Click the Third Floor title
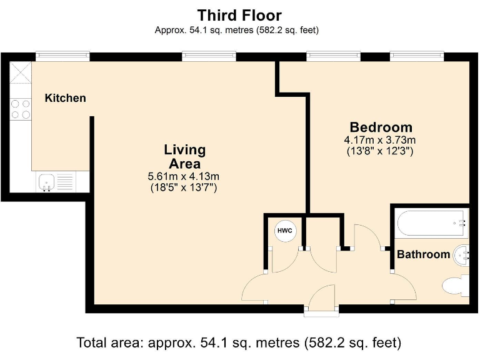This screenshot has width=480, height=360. click(x=239, y=15)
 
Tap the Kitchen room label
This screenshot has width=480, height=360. click(x=65, y=98)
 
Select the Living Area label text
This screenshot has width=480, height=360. click(x=184, y=156)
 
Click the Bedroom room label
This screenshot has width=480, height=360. click(x=381, y=127)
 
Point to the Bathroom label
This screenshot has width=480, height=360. click(x=423, y=254)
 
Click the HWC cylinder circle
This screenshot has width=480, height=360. click(x=285, y=231)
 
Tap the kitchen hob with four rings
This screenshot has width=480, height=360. click(x=21, y=109)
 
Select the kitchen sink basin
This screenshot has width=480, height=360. click(x=46, y=181)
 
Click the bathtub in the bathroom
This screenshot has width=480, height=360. click(x=431, y=223)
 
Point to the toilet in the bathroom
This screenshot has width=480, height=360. click(x=456, y=286)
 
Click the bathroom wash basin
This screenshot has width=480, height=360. click(x=461, y=255)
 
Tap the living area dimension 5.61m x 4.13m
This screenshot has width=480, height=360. click(x=183, y=176)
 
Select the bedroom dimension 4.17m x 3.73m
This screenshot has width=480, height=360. click(x=380, y=140)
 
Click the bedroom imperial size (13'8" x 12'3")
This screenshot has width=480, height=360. click(x=380, y=151)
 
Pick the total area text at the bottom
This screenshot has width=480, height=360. click(x=239, y=342)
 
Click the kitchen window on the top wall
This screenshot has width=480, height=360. click(x=62, y=56)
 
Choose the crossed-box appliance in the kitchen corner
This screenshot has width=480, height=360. click(x=21, y=72)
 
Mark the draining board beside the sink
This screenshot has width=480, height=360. click(x=65, y=181)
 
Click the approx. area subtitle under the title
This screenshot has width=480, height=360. click(x=237, y=30)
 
